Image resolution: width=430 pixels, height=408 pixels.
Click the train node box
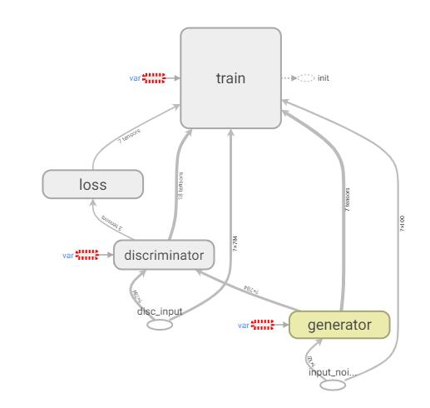[x=230, y=77]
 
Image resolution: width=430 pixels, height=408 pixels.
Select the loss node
[x=92, y=184]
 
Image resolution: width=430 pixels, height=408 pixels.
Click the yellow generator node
[x=340, y=324]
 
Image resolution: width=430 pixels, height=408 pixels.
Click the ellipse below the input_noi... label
[x=332, y=386]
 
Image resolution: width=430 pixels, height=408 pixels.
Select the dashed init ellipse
[x=306, y=78]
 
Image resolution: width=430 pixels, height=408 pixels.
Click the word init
[x=324, y=78]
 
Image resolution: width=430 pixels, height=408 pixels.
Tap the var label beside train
[x=134, y=77]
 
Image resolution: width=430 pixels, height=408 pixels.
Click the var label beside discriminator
[x=67, y=254]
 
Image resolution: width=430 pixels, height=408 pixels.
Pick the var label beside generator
[x=244, y=325]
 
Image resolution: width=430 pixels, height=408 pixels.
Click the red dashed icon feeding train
[x=154, y=77]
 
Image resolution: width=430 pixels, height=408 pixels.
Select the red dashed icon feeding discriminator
[x=87, y=254]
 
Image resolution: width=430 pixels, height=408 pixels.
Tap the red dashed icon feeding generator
[x=264, y=325]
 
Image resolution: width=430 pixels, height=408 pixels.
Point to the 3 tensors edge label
[x=111, y=221]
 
